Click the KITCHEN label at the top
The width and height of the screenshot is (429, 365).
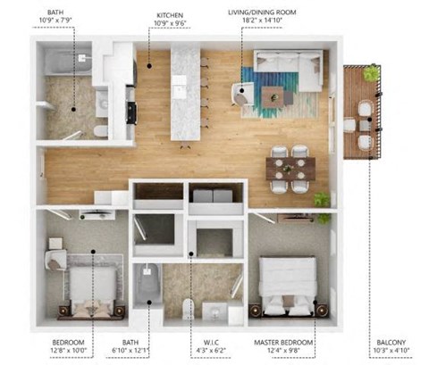tap(170, 16)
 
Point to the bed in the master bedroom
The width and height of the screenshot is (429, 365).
tap(288, 286)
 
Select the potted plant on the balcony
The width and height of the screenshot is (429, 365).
tap(370, 74)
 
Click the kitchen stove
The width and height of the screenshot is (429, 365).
tap(131, 112)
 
